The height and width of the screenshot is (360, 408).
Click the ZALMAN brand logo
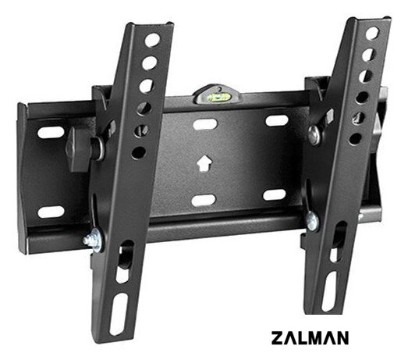(x=310, y=338)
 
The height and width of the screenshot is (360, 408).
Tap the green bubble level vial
(x=217, y=98)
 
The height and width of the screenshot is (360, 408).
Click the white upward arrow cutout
(x=204, y=163)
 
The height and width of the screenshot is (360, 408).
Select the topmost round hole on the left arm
(x=153, y=40)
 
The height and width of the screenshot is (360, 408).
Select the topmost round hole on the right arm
(x=372, y=33)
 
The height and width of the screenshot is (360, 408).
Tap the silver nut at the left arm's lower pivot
(x=94, y=241)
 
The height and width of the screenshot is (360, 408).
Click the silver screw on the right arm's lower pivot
(x=312, y=222)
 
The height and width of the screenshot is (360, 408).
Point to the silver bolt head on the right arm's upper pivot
(x=314, y=134)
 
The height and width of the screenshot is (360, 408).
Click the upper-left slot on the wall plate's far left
(x=51, y=133)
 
